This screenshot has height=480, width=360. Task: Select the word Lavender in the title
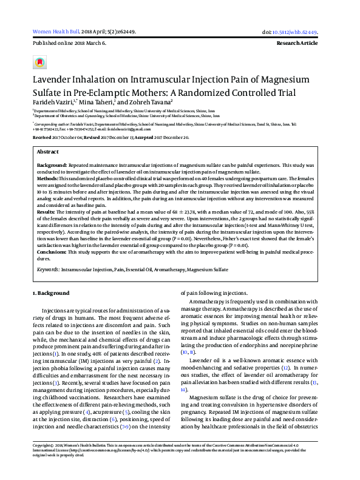57,79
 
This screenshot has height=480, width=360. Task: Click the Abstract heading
48,151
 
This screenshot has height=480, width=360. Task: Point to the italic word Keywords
48,268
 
